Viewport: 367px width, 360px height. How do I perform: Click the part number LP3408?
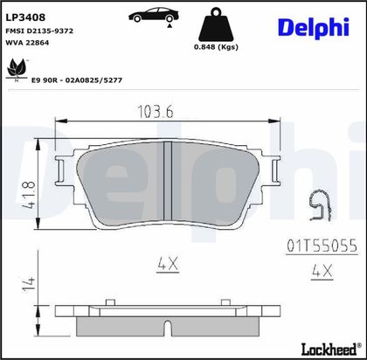pyautogui.click(x=25, y=17)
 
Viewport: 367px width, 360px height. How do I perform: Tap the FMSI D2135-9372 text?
pyautogui.click(x=39, y=31)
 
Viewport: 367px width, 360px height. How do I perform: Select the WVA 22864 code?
pyautogui.click(x=27, y=43)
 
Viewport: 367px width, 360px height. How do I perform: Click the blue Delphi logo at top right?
pyautogui.click(x=314, y=28)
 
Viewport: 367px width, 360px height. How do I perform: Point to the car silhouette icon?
pyautogui.click(x=154, y=16)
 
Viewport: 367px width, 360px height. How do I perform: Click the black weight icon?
pyautogui.click(x=216, y=24)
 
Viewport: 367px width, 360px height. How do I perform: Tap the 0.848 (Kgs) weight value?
pyautogui.click(x=216, y=47)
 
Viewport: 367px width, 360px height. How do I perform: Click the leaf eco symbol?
pyautogui.click(x=17, y=70)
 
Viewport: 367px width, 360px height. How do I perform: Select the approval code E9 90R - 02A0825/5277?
pyautogui.click(x=77, y=80)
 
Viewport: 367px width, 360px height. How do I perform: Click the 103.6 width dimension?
pyautogui.click(x=156, y=112)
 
